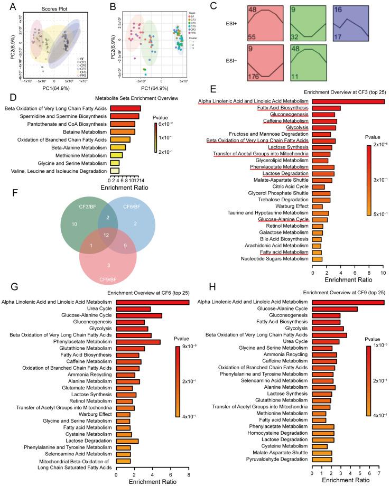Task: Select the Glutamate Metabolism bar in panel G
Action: (124, 388)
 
